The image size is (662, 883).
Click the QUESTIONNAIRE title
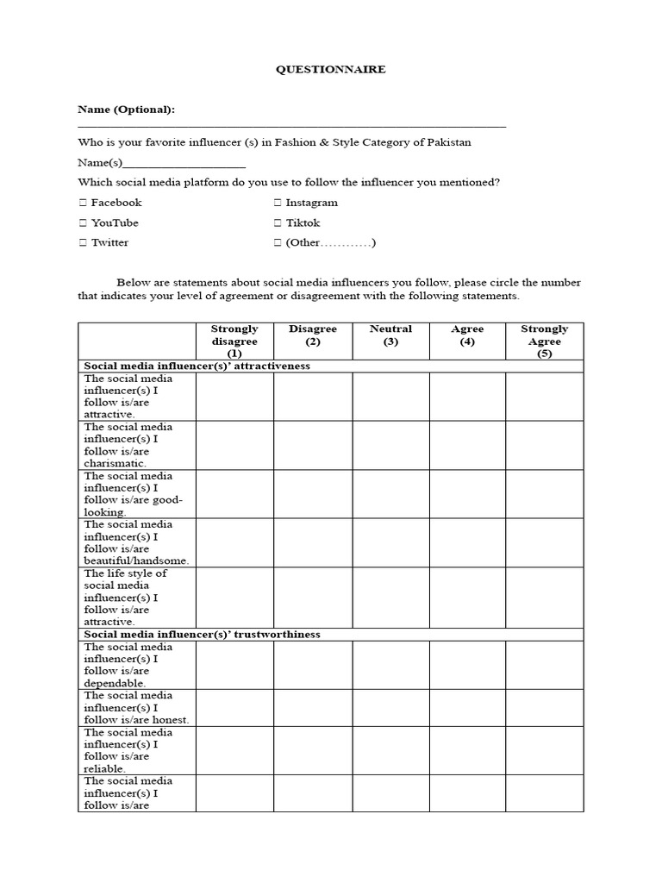pos(330,70)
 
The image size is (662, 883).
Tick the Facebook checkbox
pos(83,203)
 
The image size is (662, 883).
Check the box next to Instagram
pos(278,203)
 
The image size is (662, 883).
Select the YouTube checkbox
pos(83,222)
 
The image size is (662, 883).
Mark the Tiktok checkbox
pos(278,222)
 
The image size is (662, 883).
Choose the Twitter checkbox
pos(83,242)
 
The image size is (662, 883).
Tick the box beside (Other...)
pos(278,242)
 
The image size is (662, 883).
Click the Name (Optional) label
pos(126,110)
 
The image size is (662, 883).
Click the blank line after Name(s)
pos(184,163)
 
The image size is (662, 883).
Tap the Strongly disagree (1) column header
pos(234,341)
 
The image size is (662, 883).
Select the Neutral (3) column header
pos(390,335)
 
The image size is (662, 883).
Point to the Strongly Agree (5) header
pos(544,341)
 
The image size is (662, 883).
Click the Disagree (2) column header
pos(313,335)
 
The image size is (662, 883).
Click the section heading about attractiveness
pos(197,366)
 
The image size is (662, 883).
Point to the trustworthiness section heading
pos(202,634)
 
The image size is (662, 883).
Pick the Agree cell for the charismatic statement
pos(467,445)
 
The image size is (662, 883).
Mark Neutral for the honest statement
pos(390,707)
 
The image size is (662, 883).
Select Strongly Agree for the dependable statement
pos(544,665)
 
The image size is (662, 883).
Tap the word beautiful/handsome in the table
pos(136,560)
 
